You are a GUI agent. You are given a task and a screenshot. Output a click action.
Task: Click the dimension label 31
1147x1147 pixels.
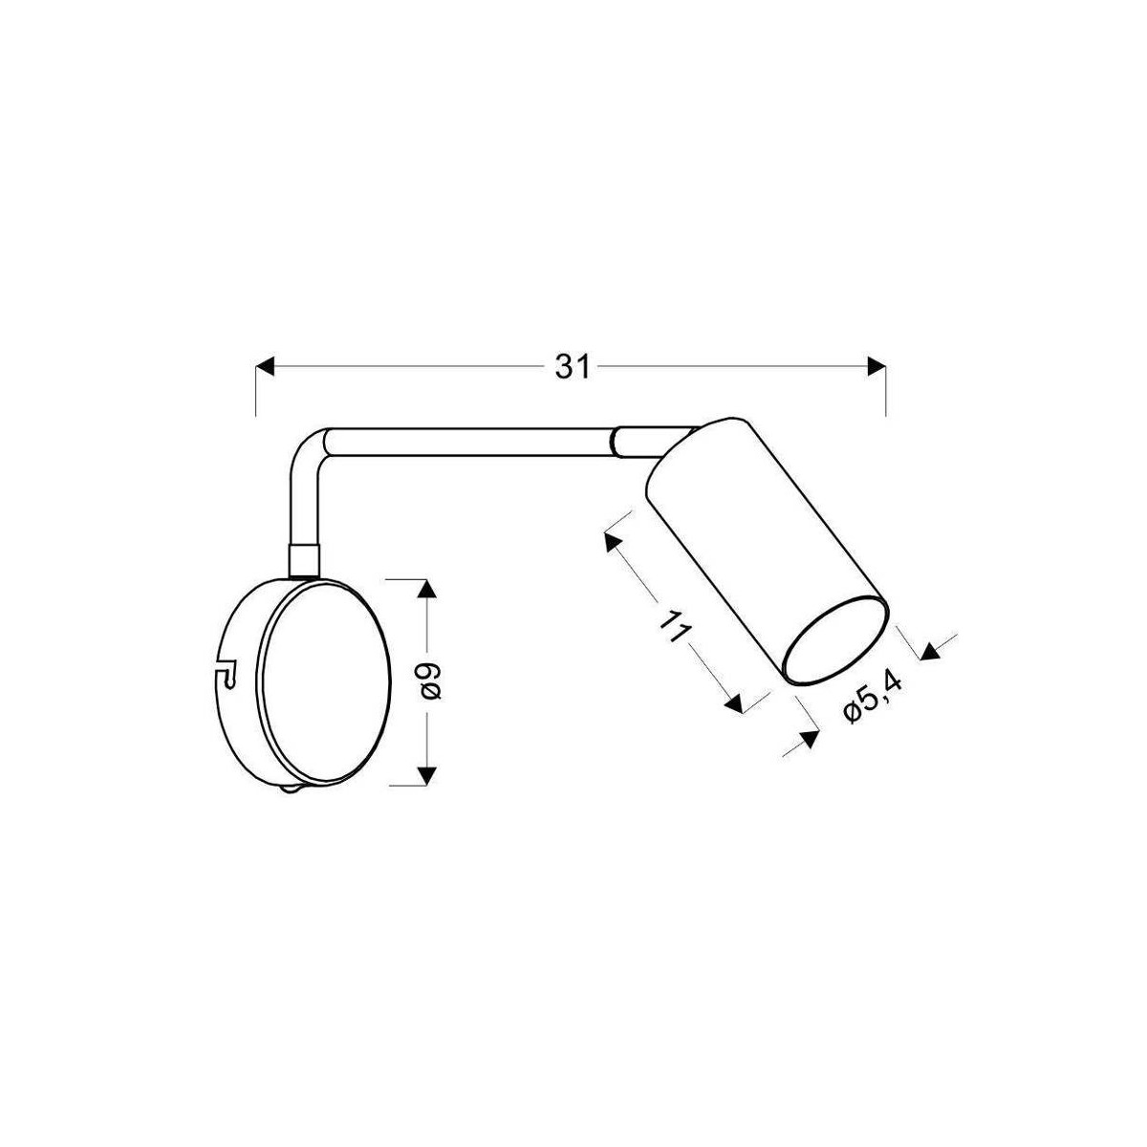pyautogui.click(x=572, y=367)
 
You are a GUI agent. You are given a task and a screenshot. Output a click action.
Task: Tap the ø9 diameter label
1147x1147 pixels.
pyautogui.click(x=432, y=681)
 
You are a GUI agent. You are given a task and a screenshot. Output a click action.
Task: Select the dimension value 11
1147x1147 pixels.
pyautogui.click(x=675, y=626)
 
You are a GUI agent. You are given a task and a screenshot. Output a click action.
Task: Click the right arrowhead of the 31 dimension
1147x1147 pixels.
pyautogui.click(x=876, y=367)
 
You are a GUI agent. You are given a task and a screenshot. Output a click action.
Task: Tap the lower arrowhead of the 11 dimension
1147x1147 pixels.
pyautogui.click(x=733, y=705)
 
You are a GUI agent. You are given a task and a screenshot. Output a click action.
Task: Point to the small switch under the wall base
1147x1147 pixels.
pyautogui.click(x=291, y=790)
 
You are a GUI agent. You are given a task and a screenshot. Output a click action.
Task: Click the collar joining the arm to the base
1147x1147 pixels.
pyautogui.click(x=303, y=559)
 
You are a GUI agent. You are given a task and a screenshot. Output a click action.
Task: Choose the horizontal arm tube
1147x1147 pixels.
pyautogui.click(x=468, y=442)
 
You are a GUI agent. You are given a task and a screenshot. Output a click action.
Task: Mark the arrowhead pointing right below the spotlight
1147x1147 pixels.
pyautogui.click(x=808, y=739)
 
